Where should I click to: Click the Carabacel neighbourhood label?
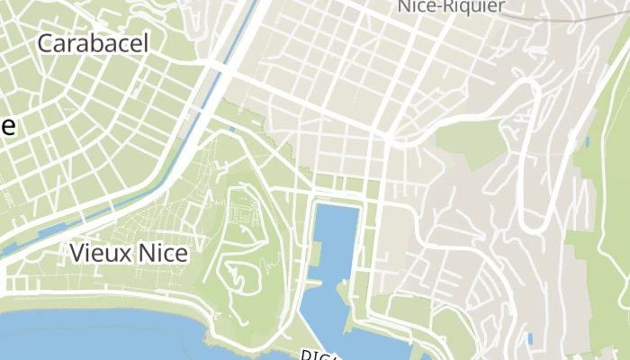[93, 43]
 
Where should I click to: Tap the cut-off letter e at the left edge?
[7, 127]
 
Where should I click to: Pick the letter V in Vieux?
[76, 254]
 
